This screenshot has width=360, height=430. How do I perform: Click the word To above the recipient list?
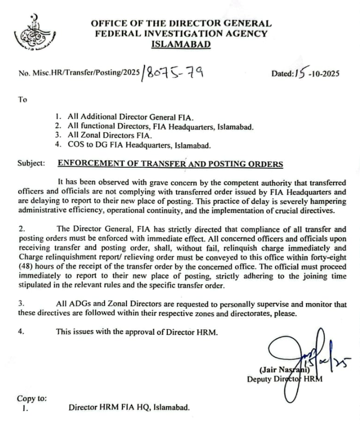22,99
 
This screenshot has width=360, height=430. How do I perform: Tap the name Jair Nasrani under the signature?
285,370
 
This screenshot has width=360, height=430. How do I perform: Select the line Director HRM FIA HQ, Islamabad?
129,408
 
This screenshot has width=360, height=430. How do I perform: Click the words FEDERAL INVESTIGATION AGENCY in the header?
181,34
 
